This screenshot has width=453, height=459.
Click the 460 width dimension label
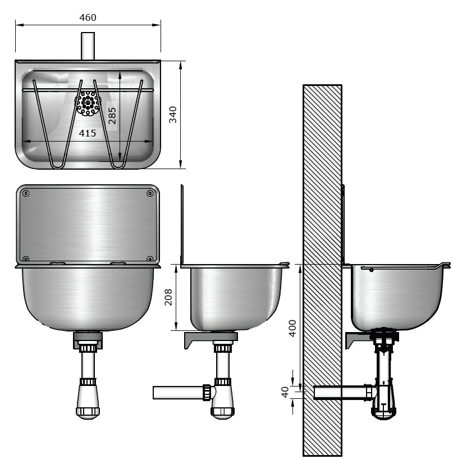tap(88, 17)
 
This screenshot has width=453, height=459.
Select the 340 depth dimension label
tap(173, 115)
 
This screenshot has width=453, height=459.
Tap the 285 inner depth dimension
tap(112, 116)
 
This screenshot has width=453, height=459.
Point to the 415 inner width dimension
tap(88, 133)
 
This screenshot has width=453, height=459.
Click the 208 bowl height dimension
tap(168, 297)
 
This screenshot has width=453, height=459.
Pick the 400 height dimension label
tap(292, 329)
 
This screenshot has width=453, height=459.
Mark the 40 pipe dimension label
tap(285, 392)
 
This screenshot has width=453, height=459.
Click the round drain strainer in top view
tap(88, 103)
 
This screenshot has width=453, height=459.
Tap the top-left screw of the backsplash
tap(26, 193)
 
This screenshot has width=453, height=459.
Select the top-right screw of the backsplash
tap(150, 193)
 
